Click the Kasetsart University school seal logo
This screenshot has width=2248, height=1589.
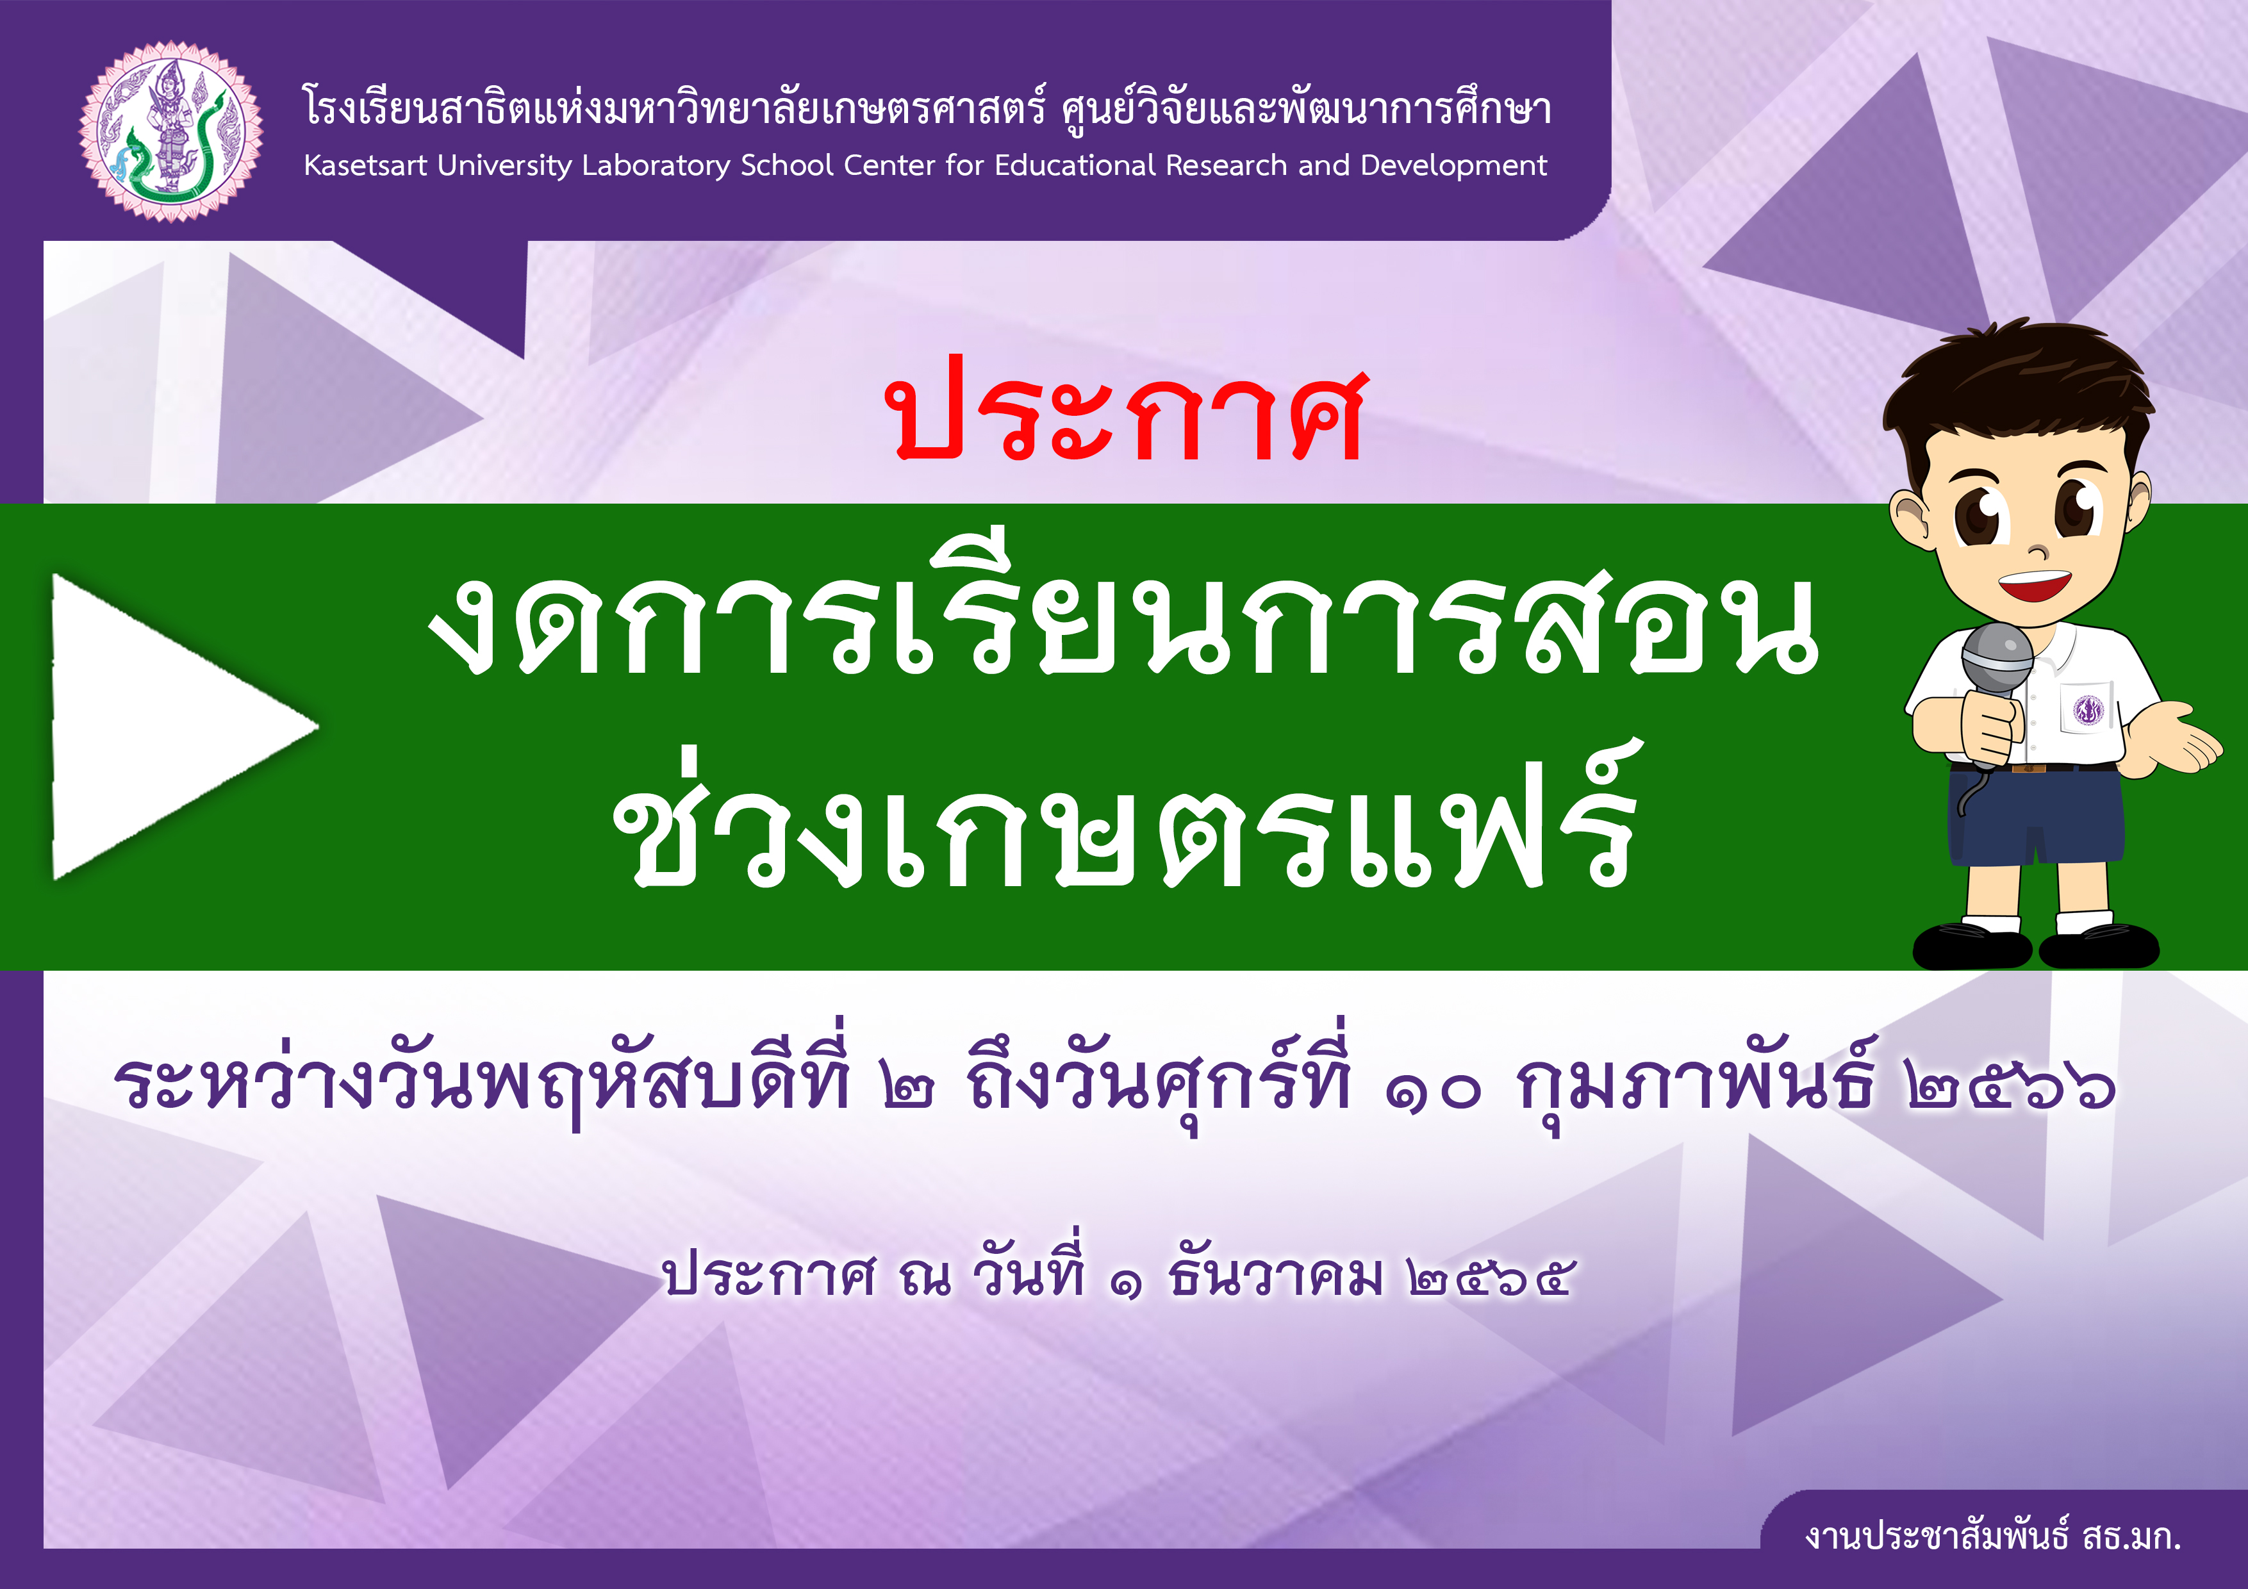coord(171,131)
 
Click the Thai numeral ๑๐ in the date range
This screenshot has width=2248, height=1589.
coord(1434,1089)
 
